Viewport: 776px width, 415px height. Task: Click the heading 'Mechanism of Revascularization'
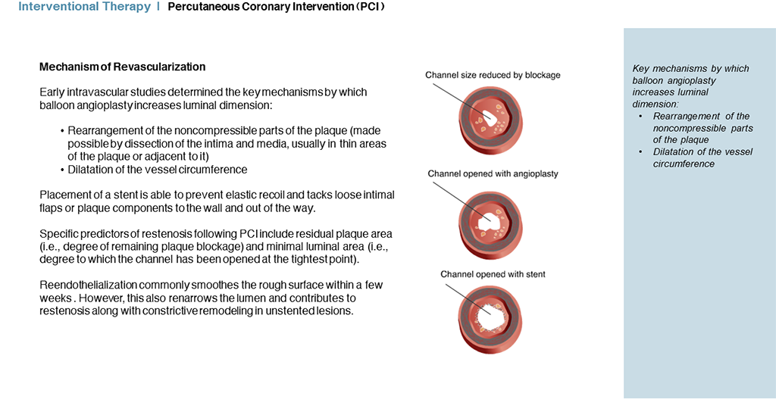122,67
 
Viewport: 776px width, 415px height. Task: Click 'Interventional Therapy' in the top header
85,7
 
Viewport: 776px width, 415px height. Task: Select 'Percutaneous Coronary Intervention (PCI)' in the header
276,7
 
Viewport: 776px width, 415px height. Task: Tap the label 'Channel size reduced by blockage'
493,75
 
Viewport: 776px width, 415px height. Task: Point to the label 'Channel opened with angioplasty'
493,174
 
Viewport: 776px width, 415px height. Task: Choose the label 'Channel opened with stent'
493,274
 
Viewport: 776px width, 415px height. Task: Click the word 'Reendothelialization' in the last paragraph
88,285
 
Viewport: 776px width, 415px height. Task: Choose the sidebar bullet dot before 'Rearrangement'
641,117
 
